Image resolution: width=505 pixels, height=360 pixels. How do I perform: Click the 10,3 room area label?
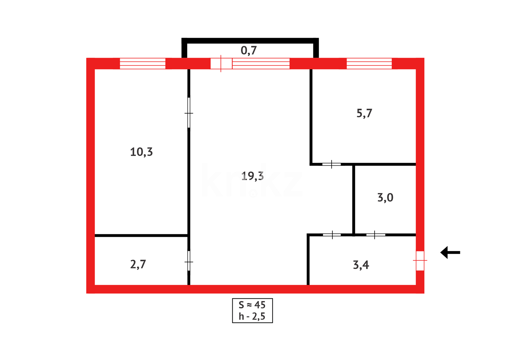click(141, 152)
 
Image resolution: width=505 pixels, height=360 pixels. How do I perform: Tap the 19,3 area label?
click(252, 176)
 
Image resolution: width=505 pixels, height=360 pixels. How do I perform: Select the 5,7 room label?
click(364, 113)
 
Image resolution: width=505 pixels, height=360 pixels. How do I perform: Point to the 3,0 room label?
click(385, 198)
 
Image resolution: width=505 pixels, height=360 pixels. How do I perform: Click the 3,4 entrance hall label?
click(361, 265)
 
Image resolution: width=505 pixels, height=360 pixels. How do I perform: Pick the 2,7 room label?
click(138, 264)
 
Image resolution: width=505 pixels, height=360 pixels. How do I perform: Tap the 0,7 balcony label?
click(249, 50)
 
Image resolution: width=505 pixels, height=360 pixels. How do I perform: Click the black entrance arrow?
click(450, 252)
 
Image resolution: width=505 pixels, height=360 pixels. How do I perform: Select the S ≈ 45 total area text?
click(252, 305)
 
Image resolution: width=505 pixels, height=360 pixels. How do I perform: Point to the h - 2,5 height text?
click(252, 316)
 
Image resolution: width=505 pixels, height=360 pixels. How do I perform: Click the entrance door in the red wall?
click(420, 261)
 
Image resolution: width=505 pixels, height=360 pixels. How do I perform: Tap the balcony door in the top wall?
click(221, 63)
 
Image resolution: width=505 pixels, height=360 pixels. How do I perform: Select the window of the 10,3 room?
click(143, 63)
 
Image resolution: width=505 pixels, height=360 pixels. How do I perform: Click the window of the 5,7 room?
click(369, 63)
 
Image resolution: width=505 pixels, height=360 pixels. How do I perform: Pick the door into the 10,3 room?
click(189, 113)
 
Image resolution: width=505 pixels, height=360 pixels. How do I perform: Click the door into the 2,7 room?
click(189, 261)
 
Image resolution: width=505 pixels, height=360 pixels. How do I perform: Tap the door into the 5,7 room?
click(332, 164)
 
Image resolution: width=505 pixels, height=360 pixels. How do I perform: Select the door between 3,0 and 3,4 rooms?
click(375, 235)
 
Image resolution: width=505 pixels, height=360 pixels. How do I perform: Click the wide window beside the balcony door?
click(261, 63)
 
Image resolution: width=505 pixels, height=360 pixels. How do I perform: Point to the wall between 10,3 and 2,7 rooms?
click(141, 236)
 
